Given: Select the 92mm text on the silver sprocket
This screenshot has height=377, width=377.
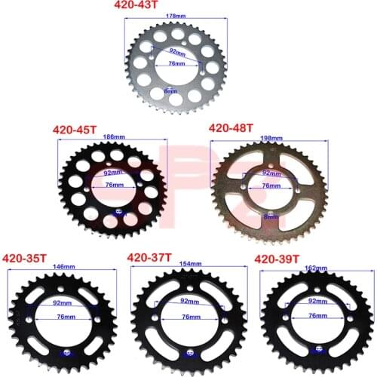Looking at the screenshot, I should point(176,53).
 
